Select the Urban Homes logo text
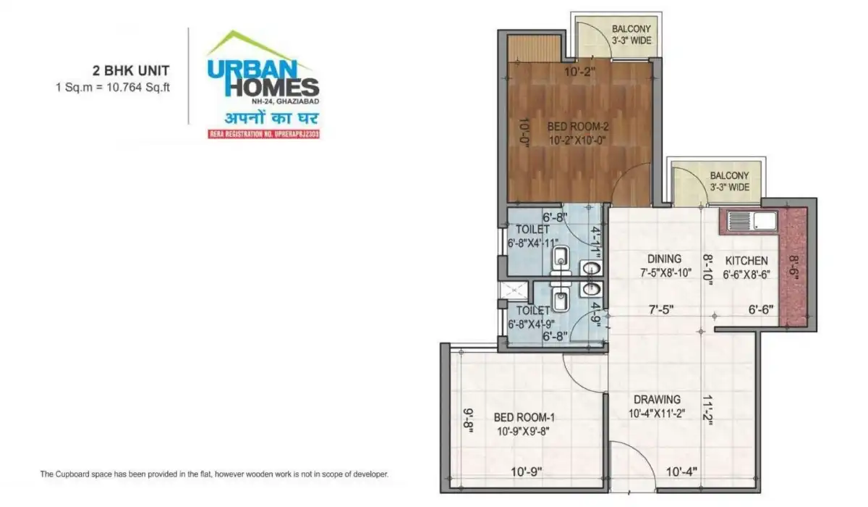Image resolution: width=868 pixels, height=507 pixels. coord(263,79)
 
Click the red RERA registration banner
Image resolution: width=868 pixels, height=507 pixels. coord(263,134)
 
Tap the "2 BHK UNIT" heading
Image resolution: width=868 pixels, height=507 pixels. coord(130,70)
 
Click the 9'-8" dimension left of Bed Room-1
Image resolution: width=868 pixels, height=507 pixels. coord(469,420)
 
